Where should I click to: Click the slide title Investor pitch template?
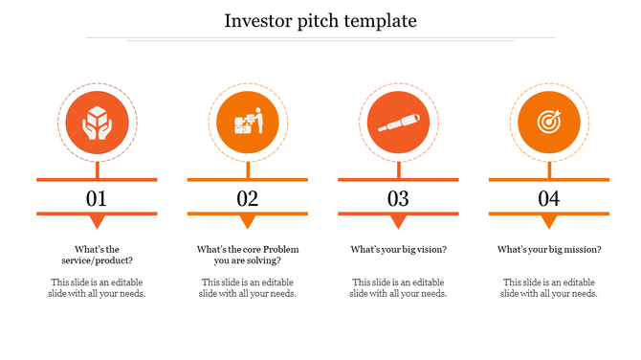point(320,20)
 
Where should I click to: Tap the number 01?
point(97,199)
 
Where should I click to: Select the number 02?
point(248,199)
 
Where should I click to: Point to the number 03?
point(398,199)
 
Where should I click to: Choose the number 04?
point(548,199)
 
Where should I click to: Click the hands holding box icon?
point(97,123)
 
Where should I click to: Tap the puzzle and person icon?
point(248,123)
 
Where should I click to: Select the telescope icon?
point(398,123)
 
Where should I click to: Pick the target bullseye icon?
point(548,123)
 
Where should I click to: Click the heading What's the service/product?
point(97,255)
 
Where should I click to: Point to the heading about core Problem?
point(248,255)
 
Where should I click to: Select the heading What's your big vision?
point(398,250)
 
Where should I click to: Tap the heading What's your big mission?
point(548,250)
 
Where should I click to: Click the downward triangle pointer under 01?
point(97,221)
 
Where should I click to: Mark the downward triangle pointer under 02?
point(248,221)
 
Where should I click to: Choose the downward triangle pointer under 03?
point(398,221)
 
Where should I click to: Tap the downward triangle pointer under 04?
point(548,221)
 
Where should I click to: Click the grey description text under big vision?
point(398,288)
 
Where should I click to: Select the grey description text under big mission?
point(548,288)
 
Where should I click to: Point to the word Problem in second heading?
point(281,250)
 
